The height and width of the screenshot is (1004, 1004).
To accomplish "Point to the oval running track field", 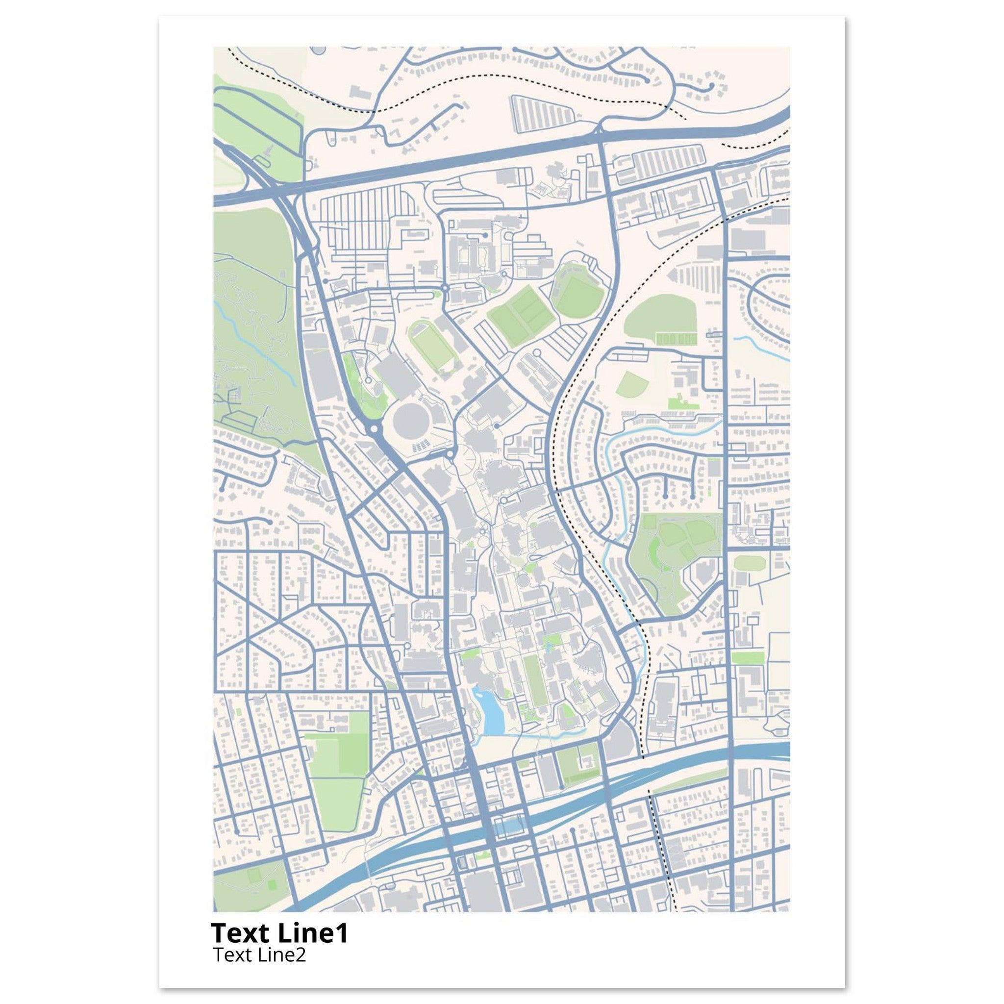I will (x=432, y=345).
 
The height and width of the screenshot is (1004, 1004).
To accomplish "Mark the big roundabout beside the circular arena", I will (x=374, y=430).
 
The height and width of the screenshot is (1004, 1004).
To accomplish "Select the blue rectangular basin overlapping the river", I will (x=508, y=826).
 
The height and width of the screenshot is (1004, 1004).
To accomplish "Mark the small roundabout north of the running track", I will (x=444, y=287).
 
